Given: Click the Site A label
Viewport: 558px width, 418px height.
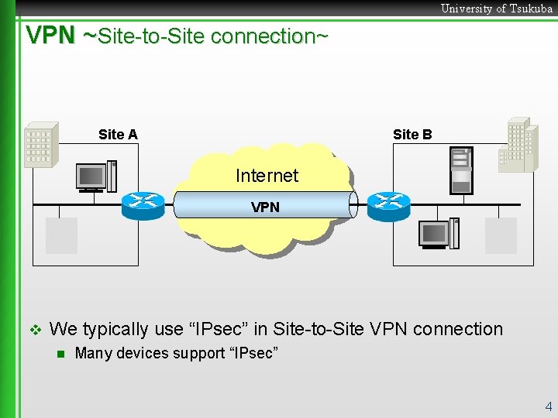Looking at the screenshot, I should [x=118, y=135].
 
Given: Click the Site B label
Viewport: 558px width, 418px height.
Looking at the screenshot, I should [x=412, y=135].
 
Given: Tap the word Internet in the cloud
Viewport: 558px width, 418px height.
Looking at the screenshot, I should [x=267, y=176].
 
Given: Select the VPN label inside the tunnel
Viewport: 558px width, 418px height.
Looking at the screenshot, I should [x=265, y=207].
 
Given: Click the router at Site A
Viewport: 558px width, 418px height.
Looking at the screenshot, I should [x=143, y=203].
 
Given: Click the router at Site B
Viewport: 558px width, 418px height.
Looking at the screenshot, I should [x=387, y=203].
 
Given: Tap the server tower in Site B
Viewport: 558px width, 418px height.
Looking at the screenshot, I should [x=461, y=170].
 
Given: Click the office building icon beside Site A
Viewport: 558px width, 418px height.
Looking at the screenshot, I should [x=40, y=145].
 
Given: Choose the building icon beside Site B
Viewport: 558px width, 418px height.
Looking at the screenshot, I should [x=518, y=145].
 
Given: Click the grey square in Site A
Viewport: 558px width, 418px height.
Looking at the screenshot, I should [x=61, y=235].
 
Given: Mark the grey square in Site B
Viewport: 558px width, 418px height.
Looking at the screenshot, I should [x=501, y=235].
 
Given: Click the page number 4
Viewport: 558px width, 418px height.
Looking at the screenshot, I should [x=548, y=406].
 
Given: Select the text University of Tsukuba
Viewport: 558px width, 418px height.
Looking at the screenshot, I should [x=496, y=9].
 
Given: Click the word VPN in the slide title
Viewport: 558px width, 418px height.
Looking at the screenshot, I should [x=50, y=36].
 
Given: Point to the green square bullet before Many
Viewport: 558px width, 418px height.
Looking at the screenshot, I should [x=60, y=355].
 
